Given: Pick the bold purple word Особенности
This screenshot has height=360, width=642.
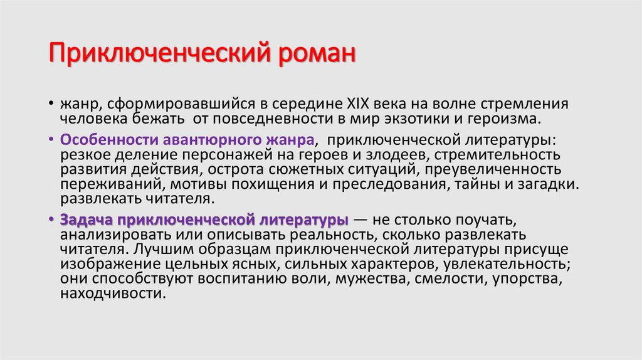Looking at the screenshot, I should point(103,140).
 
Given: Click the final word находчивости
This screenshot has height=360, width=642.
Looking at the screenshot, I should point(113,295).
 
